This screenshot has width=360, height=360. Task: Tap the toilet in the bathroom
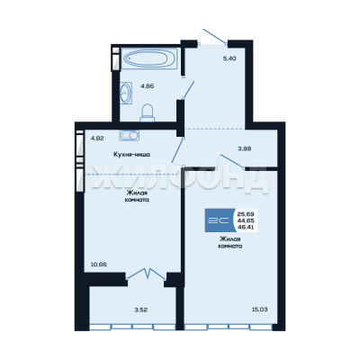pos(148,112)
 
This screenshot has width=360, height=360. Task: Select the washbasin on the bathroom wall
pos(126,93)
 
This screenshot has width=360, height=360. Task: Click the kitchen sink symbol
pos(130,135)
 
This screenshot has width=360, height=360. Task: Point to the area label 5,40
pos(229,58)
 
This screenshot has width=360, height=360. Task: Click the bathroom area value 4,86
pos(148,85)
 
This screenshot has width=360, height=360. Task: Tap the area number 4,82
pos(97,139)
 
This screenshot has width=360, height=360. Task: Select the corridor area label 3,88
pos(245,148)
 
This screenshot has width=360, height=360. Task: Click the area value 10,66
pos(99,265)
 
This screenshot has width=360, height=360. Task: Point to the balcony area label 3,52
pos(140,310)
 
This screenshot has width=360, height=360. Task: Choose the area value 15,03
pos(259,310)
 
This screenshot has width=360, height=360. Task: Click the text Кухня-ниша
pos(131,155)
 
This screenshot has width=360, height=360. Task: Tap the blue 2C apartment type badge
pos(220,220)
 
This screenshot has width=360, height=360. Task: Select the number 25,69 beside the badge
pos(246,214)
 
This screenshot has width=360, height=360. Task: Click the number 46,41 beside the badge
pos(246,227)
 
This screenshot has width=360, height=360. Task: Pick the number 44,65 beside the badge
pos(246,220)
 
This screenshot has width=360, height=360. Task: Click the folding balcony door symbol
pos(146,274)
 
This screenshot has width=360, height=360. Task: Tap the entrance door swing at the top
pos(214,37)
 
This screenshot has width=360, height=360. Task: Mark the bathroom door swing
pos(189,88)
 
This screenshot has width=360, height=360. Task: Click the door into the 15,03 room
pos(232,161)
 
